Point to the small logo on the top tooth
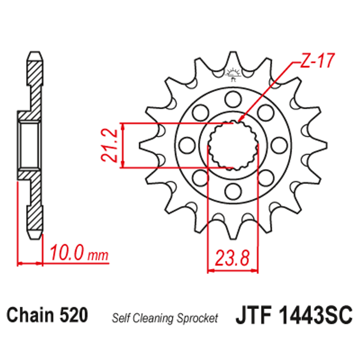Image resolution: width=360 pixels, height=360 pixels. point(233,74)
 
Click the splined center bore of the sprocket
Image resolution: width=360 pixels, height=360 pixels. point(233,145)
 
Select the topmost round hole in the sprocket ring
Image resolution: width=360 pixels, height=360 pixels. point(233,99)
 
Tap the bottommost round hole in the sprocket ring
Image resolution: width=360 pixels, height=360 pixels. point(233,191)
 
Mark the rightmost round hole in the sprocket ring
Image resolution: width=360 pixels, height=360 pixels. point(279,145)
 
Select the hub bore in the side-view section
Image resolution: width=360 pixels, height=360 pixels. point(30,145)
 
